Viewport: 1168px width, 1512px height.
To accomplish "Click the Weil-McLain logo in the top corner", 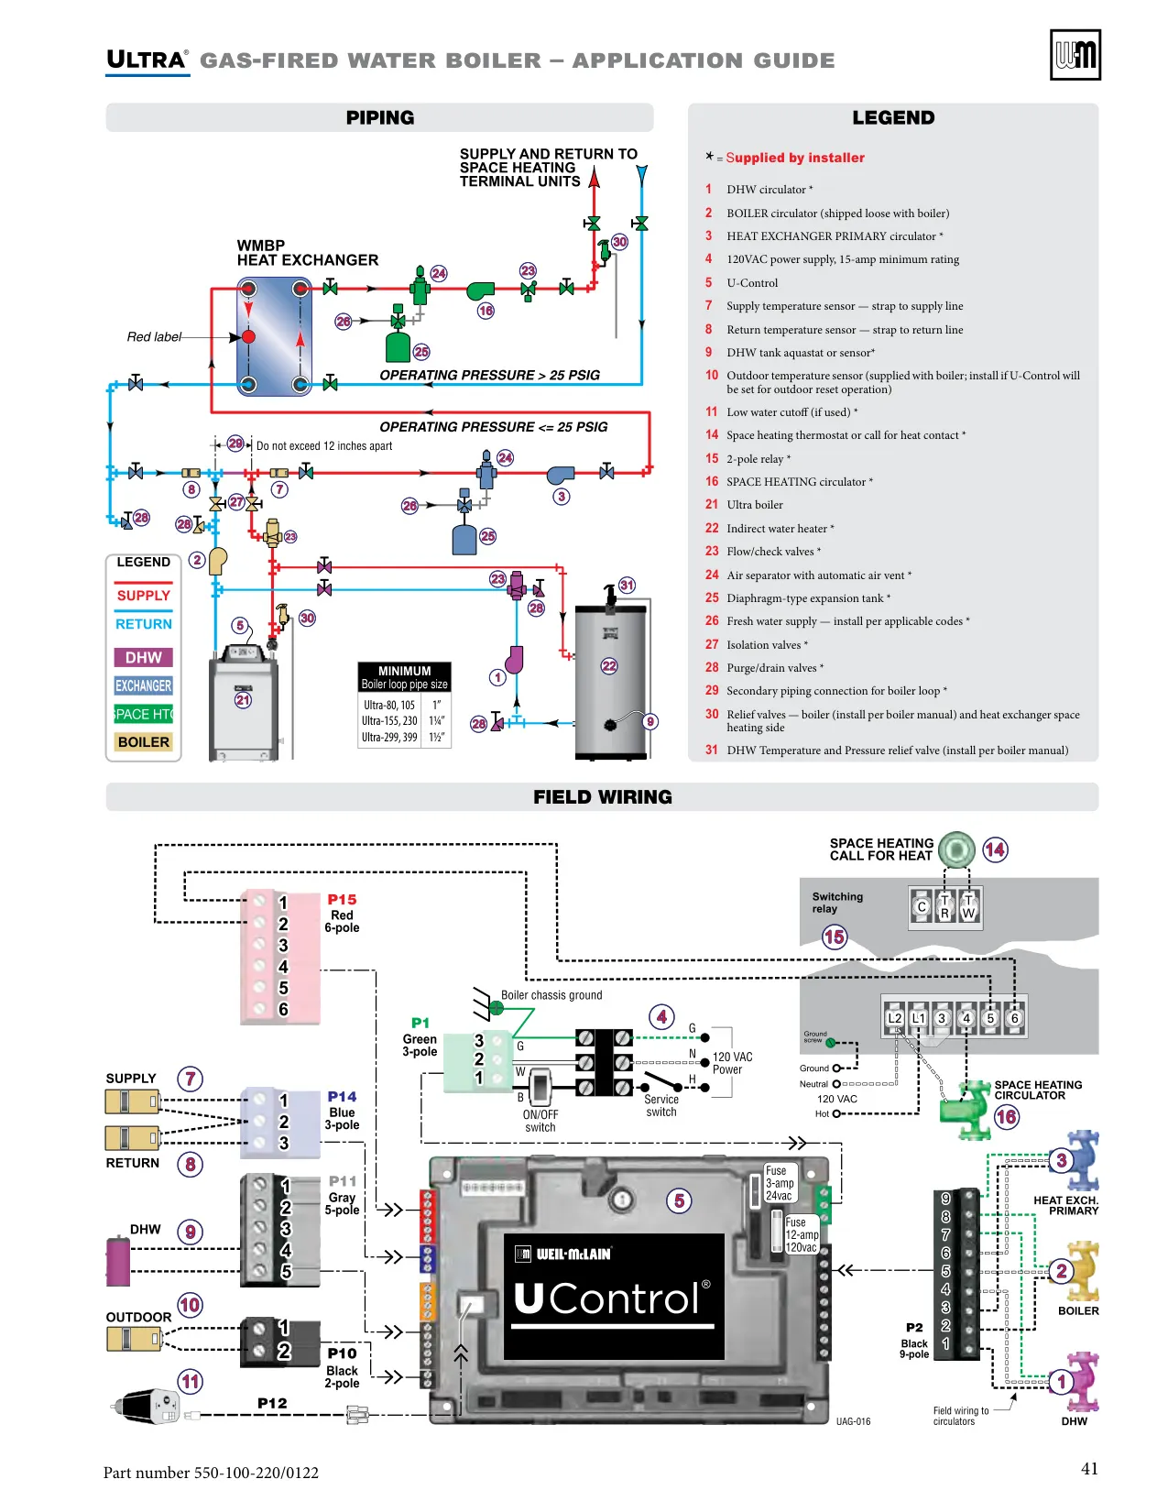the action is click(1075, 54).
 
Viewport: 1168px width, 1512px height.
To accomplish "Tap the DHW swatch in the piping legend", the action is click(143, 657).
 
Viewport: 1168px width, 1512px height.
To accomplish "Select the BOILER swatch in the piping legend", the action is click(143, 741).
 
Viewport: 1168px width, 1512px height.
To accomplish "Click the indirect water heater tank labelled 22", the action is click(611, 682).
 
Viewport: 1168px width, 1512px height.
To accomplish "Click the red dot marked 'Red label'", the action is click(248, 337).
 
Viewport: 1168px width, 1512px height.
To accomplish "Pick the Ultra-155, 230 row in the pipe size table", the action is click(404, 721).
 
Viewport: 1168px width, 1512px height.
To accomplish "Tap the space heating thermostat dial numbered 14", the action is click(956, 849).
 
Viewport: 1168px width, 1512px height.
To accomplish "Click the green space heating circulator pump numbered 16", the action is click(965, 1110).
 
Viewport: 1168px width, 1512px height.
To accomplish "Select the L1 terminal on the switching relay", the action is click(918, 1018).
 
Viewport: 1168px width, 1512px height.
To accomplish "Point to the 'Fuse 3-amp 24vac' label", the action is click(779, 1182).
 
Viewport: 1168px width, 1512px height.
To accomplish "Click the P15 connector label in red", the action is click(342, 899).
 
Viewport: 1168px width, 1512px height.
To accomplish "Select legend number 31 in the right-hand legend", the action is click(711, 751).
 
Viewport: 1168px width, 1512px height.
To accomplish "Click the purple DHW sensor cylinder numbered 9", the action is click(118, 1262).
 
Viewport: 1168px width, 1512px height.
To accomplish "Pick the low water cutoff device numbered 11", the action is click(146, 1407).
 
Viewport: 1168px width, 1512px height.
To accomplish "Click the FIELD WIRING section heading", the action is click(603, 796).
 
